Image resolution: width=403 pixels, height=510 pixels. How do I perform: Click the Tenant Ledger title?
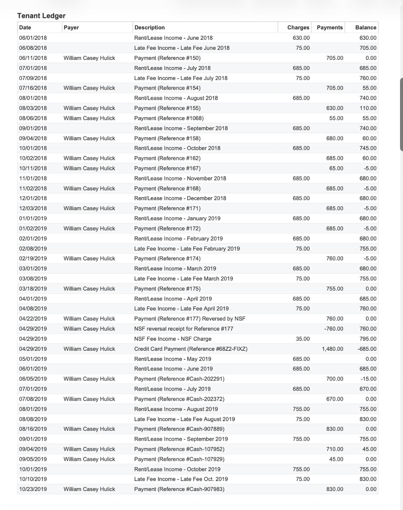click(x=41, y=16)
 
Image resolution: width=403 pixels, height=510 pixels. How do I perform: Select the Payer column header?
click(x=71, y=28)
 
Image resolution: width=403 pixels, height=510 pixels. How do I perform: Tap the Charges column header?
click(x=298, y=28)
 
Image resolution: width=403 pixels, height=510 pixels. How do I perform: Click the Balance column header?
click(x=365, y=28)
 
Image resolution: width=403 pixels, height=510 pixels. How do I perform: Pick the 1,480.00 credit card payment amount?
click(x=332, y=349)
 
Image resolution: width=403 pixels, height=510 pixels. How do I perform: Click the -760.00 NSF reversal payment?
click(x=333, y=329)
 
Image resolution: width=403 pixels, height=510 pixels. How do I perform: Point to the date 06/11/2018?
click(x=33, y=58)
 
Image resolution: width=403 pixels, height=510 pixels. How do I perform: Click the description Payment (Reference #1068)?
click(x=169, y=118)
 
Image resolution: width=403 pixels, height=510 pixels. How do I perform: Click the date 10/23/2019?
click(x=33, y=489)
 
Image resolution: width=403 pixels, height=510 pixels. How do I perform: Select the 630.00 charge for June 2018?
click(x=301, y=38)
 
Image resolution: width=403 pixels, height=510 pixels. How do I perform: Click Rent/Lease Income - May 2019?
click(x=173, y=359)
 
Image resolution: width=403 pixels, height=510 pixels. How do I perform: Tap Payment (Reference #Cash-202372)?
click(x=179, y=399)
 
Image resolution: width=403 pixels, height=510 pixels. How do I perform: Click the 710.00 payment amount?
click(x=335, y=449)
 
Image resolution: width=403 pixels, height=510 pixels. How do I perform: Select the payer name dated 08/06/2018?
click(x=89, y=118)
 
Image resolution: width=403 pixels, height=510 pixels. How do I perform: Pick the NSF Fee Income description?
click(x=173, y=339)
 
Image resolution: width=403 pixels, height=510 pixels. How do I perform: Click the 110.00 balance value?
click(x=368, y=108)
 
